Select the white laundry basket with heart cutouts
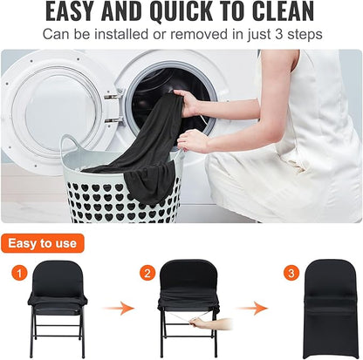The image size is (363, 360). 122,192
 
